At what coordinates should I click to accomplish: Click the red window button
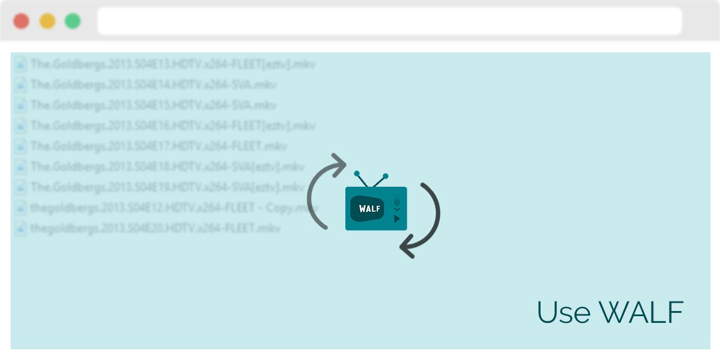click(x=21, y=21)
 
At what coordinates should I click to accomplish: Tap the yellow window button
click(x=47, y=21)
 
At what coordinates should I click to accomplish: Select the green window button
click(x=73, y=21)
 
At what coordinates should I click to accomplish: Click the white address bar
click(x=389, y=21)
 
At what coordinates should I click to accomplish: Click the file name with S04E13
click(x=173, y=64)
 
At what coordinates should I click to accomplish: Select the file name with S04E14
click(x=154, y=85)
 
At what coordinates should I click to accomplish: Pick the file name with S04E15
click(x=154, y=105)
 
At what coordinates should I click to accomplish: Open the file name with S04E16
click(x=173, y=125)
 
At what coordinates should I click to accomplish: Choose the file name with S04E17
click(x=159, y=146)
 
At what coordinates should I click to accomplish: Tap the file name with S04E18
click(x=168, y=167)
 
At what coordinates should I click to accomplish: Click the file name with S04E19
click(x=168, y=187)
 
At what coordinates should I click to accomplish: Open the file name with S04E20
click(x=155, y=228)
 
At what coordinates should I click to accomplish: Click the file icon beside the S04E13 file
click(x=21, y=64)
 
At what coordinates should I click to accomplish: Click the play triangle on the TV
click(x=397, y=218)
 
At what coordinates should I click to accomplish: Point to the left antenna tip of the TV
click(x=357, y=174)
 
